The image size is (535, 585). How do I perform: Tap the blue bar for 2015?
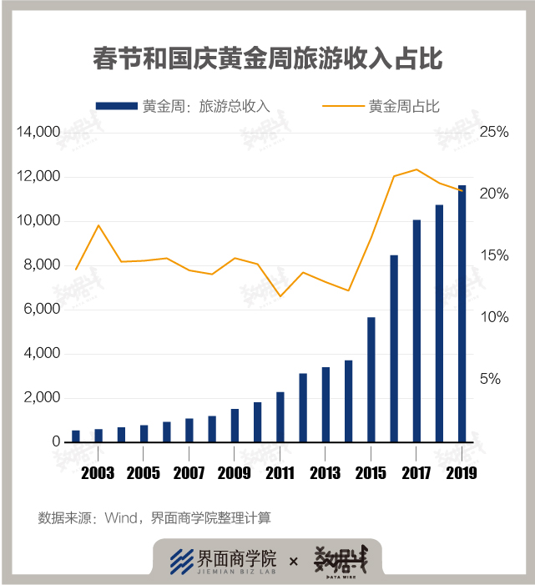pos(371,380)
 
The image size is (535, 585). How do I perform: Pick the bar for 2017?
pos(416,330)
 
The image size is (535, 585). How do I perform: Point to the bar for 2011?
pos(280,416)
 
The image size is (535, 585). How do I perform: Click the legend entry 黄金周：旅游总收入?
pos(183,106)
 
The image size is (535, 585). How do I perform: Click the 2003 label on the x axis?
pos(98,473)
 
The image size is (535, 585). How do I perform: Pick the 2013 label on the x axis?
pos(326,473)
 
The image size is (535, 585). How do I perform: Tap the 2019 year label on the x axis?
pos(462,473)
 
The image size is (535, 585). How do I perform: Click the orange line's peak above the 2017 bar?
pos(416,169)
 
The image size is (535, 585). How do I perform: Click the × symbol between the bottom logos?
pos(293,562)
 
